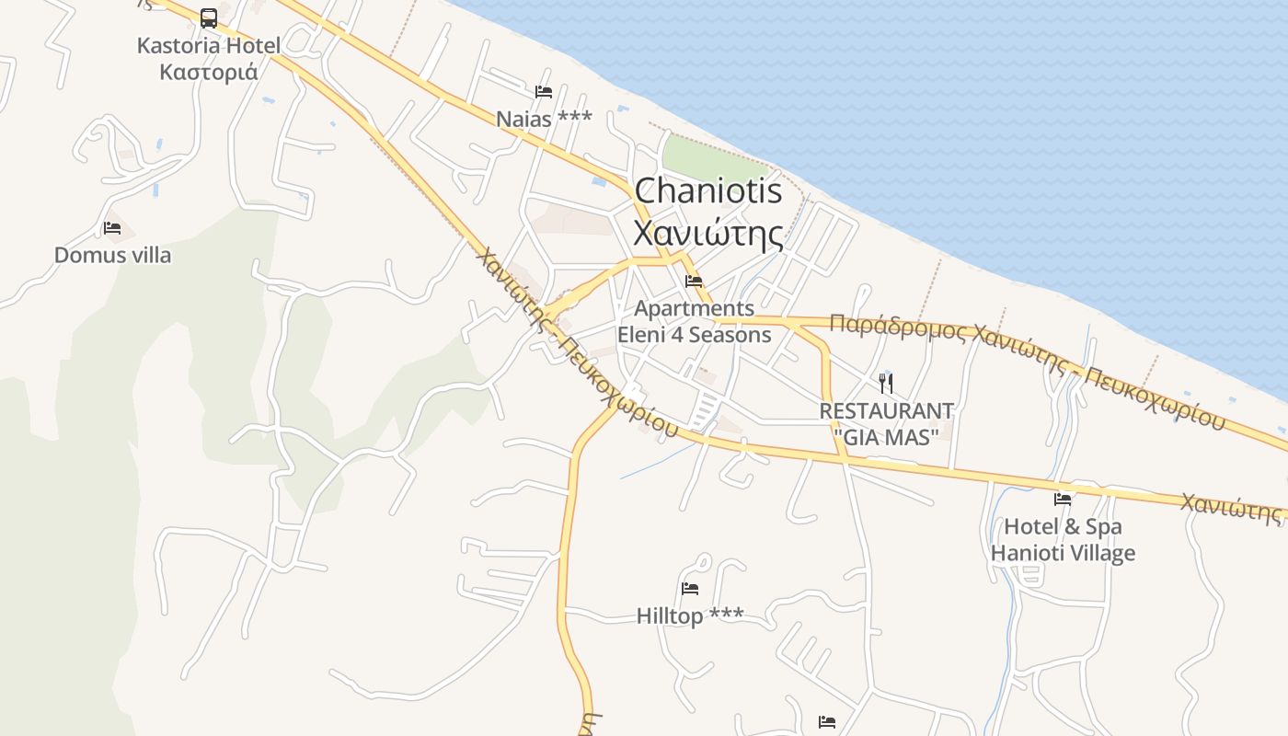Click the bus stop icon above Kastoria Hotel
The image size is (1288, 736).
209,17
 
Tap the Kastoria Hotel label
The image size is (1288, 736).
209,45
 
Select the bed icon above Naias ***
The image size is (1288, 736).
544,92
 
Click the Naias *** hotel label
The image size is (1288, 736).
544,119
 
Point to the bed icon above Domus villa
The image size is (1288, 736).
112,228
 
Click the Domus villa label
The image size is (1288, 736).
112,255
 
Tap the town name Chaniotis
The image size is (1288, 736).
708,191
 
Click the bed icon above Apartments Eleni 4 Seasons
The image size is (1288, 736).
694,282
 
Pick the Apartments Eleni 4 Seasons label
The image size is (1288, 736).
694,321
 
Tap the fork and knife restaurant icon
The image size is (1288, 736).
886,383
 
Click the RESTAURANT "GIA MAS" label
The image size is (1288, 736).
886,423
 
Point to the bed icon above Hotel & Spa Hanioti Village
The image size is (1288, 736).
1063,500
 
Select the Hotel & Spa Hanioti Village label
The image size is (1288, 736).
1063,540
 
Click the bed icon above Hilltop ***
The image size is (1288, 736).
690,589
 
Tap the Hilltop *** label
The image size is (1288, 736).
690,615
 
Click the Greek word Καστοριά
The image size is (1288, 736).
209,72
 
